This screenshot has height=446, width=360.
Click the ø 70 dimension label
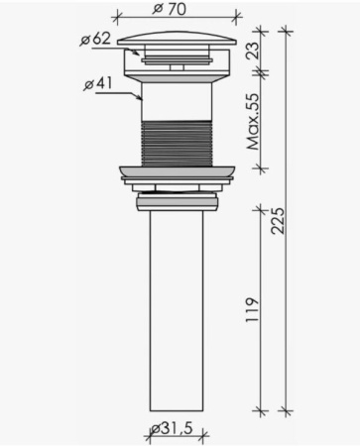click(x=170, y=10)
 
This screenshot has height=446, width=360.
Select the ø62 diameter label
click(x=96, y=40)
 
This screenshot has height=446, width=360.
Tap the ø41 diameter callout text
click(x=98, y=84)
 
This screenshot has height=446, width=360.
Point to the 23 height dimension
click(x=254, y=50)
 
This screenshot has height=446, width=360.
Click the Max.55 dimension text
click(x=254, y=122)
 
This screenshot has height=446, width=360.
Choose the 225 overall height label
click(x=277, y=221)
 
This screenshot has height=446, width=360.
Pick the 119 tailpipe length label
click(x=252, y=310)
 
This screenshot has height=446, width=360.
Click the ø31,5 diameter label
click(x=172, y=429)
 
